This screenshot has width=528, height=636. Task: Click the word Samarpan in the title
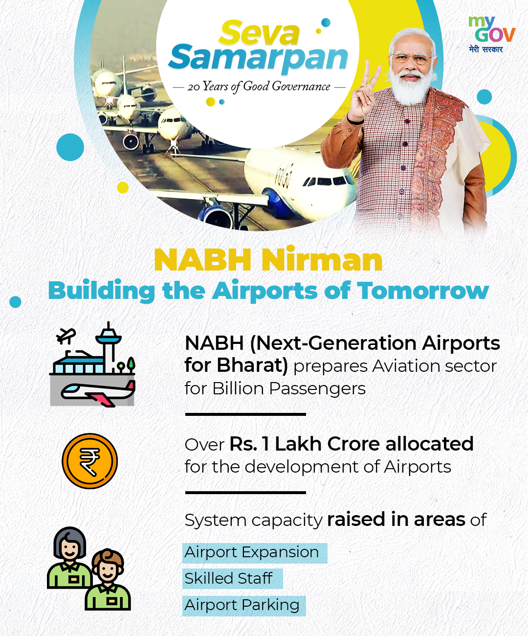click(x=258, y=59)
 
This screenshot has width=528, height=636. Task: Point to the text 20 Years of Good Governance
click(x=259, y=87)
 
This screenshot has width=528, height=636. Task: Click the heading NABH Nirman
click(x=268, y=259)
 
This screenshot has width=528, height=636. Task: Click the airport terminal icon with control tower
click(x=92, y=364)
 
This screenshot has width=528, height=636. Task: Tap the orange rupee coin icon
click(x=89, y=461)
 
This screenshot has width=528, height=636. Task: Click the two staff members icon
click(x=89, y=568)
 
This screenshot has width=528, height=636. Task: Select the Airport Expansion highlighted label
click(x=255, y=553)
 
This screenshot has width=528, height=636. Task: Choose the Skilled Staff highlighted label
click(x=233, y=578)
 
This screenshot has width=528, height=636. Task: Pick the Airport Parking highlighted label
click(x=244, y=605)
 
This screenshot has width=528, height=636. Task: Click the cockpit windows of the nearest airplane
click(x=325, y=182)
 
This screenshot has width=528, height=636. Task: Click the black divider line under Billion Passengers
click(x=245, y=414)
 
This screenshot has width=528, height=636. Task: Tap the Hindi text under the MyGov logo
click(x=485, y=49)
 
